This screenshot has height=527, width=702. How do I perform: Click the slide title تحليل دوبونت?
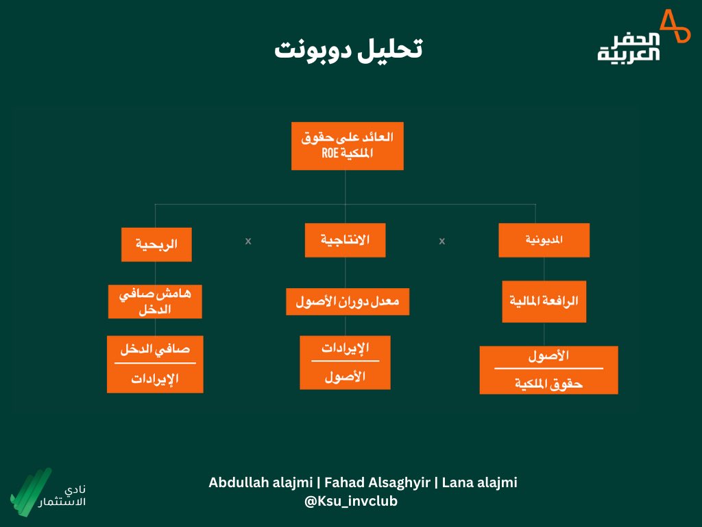[x=348, y=49]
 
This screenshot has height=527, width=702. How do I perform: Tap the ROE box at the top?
[x=347, y=145]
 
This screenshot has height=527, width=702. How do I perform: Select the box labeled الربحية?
[x=156, y=244]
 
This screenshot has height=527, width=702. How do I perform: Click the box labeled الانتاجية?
[x=345, y=240]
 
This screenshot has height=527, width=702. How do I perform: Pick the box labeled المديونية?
[x=544, y=240]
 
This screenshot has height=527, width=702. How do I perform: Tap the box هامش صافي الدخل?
[x=155, y=302]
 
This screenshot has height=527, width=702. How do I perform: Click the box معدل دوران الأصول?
[x=348, y=301]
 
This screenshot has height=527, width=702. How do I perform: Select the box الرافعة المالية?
[x=544, y=301]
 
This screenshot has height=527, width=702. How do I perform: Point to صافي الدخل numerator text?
[x=155, y=349]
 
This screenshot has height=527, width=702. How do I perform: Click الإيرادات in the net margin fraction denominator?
[x=155, y=379]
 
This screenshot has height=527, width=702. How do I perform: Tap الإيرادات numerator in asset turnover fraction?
[x=346, y=347]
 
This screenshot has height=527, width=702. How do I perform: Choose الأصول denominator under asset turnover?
[x=346, y=376]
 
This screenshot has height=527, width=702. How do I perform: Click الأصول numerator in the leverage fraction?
[x=548, y=356]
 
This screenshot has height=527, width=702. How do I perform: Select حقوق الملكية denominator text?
[x=548, y=384]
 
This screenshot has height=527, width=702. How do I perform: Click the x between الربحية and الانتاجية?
[x=248, y=241]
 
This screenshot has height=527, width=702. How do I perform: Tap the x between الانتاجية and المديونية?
[x=442, y=241]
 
